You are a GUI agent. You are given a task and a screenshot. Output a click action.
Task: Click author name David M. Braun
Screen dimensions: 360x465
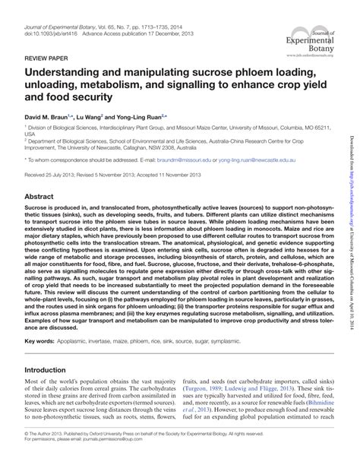(x=46, y=117)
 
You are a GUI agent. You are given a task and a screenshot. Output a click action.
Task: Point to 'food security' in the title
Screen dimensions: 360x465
(x=81, y=98)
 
